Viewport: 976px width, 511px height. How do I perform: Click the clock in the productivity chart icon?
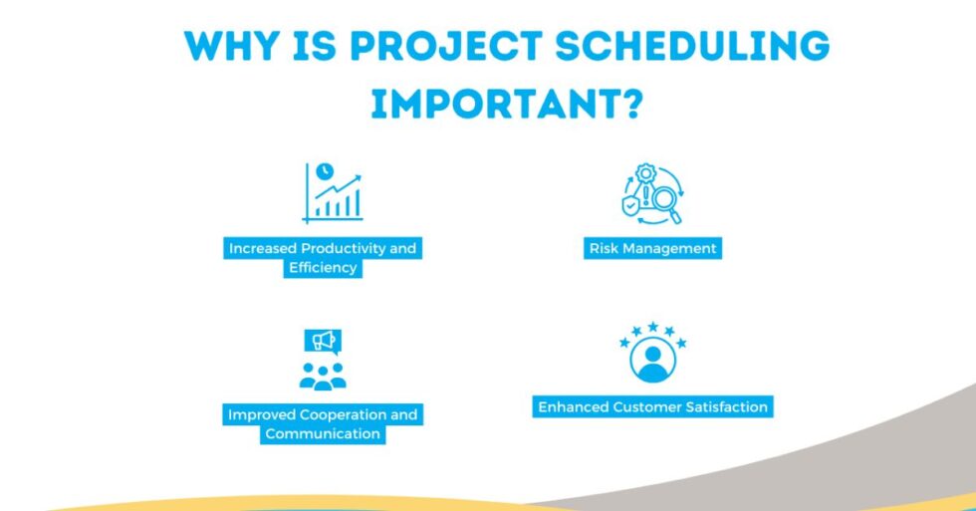(324, 171)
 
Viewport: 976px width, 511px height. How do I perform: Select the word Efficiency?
(322, 267)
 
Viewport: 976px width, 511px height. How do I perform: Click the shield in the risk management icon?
(631, 204)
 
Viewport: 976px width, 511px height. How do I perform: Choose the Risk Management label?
(651, 248)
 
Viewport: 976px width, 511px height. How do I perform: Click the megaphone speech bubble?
(323, 342)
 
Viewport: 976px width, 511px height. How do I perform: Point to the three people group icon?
(323, 376)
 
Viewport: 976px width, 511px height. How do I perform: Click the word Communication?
(323, 433)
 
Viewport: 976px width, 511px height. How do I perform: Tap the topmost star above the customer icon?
(652, 327)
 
